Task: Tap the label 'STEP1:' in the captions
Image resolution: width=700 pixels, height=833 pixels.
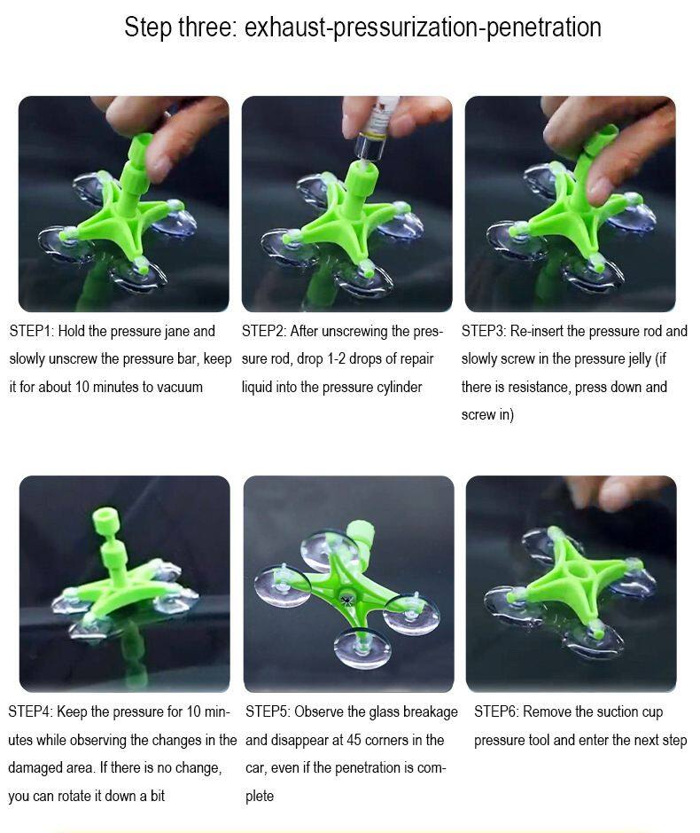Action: pyautogui.click(x=31, y=331)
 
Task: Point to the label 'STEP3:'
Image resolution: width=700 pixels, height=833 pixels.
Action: pyautogui.click(x=484, y=331)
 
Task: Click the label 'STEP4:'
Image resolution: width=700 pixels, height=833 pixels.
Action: pyautogui.click(x=30, y=711)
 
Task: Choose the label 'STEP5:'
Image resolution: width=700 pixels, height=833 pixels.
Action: pyautogui.click(x=268, y=711)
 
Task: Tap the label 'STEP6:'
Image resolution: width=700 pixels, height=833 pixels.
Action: pyautogui.click(x=496, y=711)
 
